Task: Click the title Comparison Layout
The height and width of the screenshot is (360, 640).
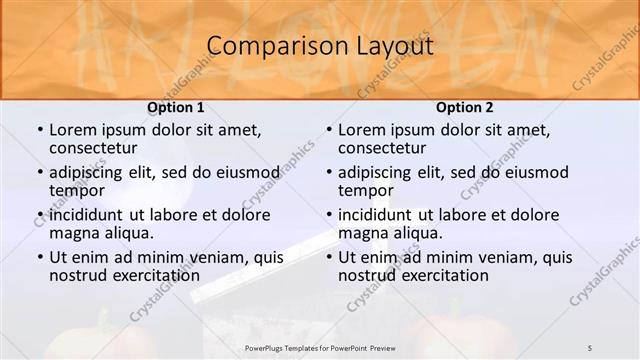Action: [x=320, y=46]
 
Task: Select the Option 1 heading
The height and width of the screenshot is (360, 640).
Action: [x=175, y=106]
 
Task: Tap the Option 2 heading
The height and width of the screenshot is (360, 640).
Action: [x=464, y=106]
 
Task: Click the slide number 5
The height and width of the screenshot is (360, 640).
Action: [x=590, y=346]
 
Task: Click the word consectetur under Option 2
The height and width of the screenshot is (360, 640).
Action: [x=381, y=148]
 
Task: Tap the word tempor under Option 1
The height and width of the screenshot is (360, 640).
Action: [x=77, y=190]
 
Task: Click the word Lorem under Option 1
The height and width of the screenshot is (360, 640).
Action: [x=72, y=130]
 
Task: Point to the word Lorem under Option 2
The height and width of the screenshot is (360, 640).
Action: [x=361, y=130]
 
